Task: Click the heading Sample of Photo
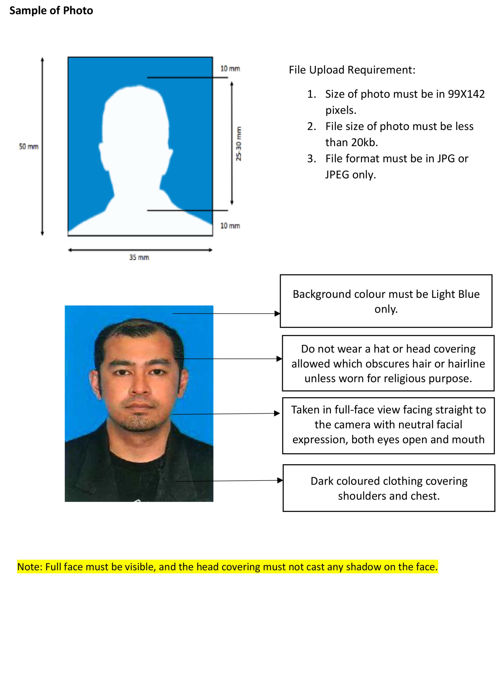(51, 11)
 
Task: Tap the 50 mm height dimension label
(29, 146)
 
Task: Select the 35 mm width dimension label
(139, 258)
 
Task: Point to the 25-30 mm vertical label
(239, 144)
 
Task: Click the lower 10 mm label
(230, 226)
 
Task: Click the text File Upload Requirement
(352, 70)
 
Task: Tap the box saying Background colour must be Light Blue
(386, 301)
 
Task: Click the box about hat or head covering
(388, 363)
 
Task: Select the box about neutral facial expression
(388, 425)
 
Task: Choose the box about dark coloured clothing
(389, 488)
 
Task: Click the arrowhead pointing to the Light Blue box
(277, 314)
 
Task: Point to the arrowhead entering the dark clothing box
(280, 480)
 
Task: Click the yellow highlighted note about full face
(228, 567)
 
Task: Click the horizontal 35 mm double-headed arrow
(140, 250)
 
